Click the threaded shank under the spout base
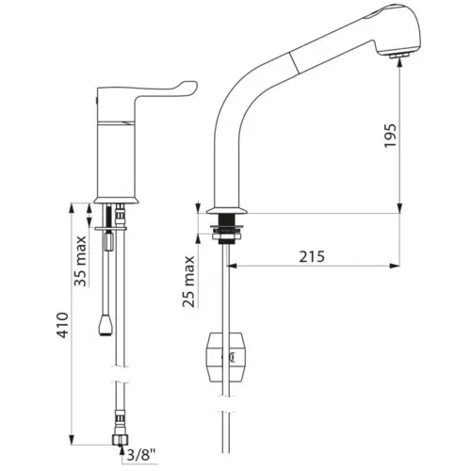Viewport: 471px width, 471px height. point(226,229)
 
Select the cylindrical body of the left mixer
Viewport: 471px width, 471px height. point(118,151)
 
